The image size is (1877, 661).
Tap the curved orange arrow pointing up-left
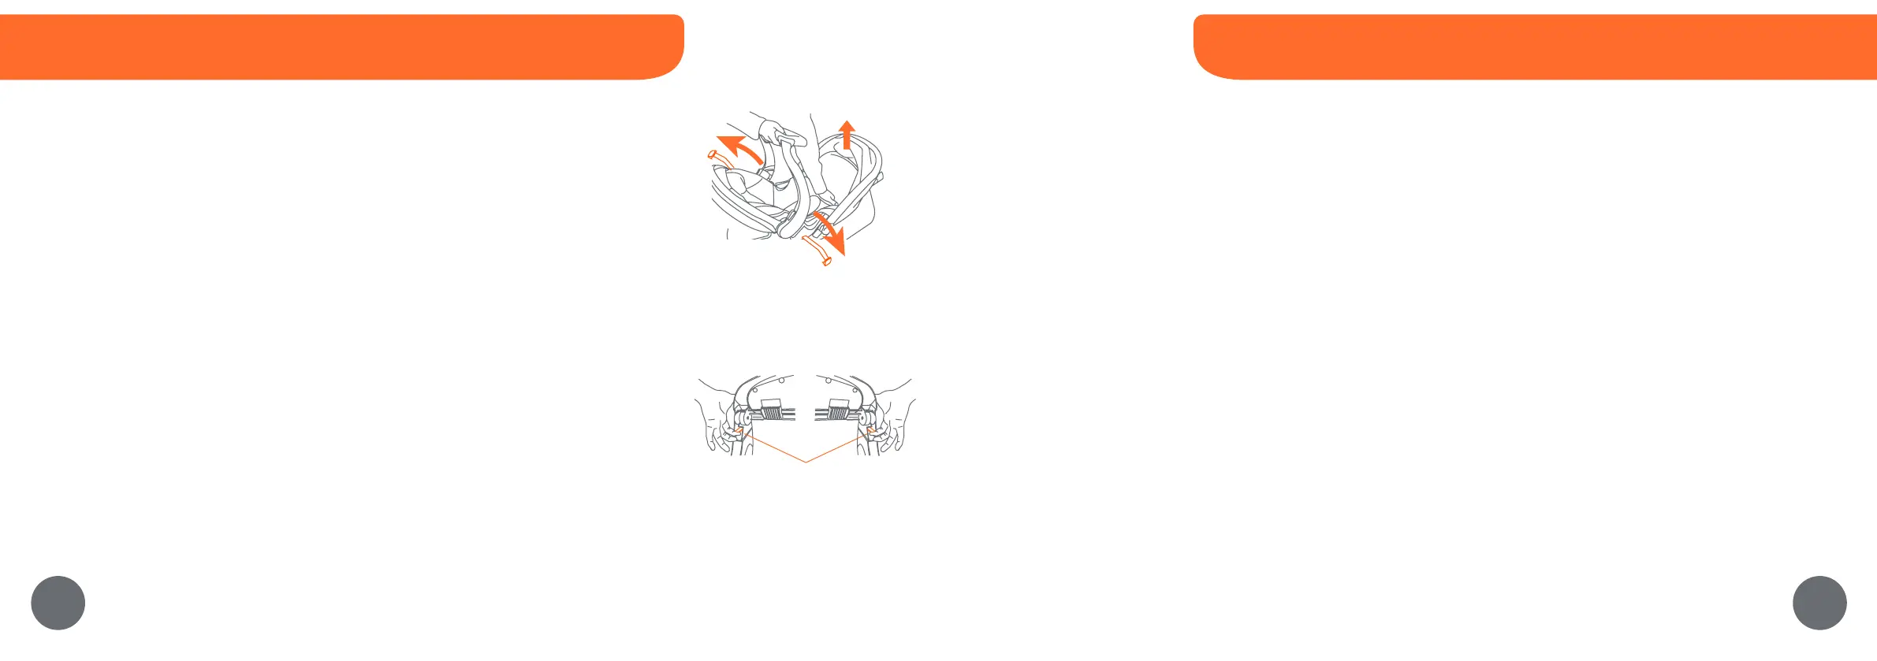click(x=737, y=148)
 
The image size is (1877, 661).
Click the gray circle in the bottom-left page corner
click(x=58, y=603)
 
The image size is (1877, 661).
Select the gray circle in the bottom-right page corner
click(x=1819, y=603)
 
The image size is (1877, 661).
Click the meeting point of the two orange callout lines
click(x=806, y=462)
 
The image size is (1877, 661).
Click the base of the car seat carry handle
click(x=789, y=229)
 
